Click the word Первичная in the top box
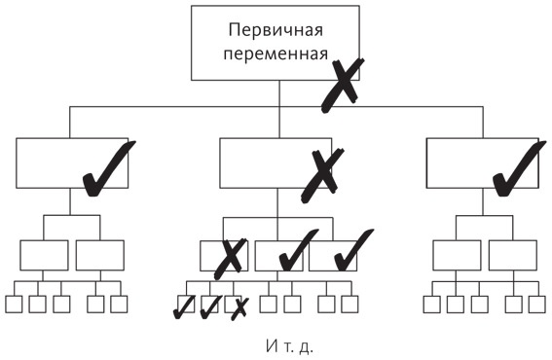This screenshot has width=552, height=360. point(277,31)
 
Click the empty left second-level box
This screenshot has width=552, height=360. point(58,162)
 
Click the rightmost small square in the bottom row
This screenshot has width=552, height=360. point(535,304)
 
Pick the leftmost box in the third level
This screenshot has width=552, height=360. point(44,255)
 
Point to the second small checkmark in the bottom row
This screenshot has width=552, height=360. point(209,307)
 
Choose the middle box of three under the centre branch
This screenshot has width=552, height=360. point(280,256)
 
